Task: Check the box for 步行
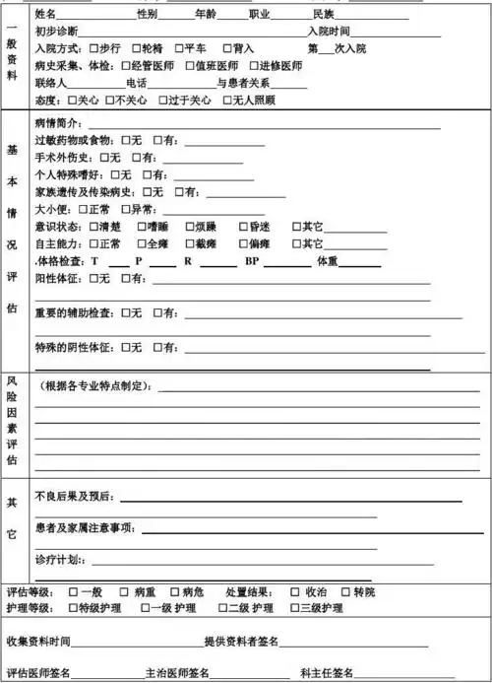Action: point(93,48)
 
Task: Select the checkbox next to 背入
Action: point(227,48)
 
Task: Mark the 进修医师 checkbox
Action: point(254,65)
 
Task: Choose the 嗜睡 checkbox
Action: point(143,227)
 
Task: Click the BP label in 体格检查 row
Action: point(252,261)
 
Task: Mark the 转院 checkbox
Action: point(345,592)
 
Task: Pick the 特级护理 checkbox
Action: point(74,608)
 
